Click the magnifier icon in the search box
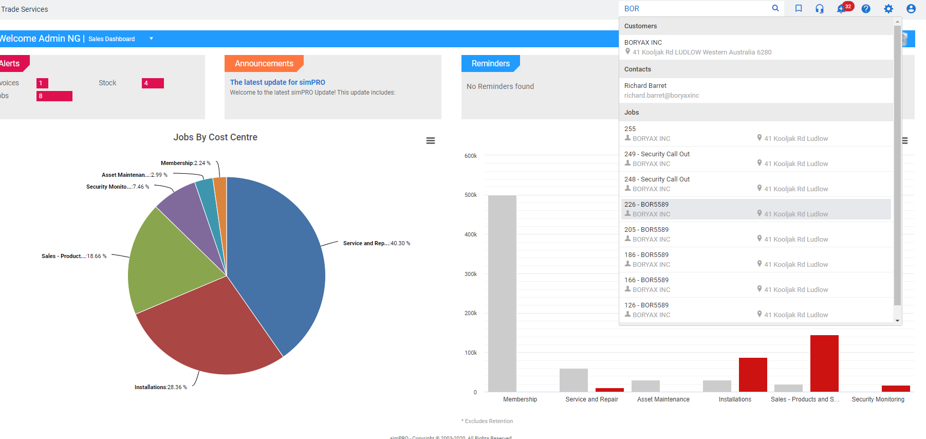click(775, 8)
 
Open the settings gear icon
click(888, 9)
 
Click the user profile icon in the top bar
click(911, 9)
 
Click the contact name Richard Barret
click(645, 86)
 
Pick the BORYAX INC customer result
click(643, 43)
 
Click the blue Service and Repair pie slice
click(277, 257)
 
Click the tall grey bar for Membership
click(502, 293)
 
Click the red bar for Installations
click(753, 375)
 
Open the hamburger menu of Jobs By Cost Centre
click(431, 141)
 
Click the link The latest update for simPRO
click(277, 82)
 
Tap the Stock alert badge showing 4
click(153, 83)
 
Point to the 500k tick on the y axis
click(471, 195)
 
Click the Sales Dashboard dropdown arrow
click(151, 39)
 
